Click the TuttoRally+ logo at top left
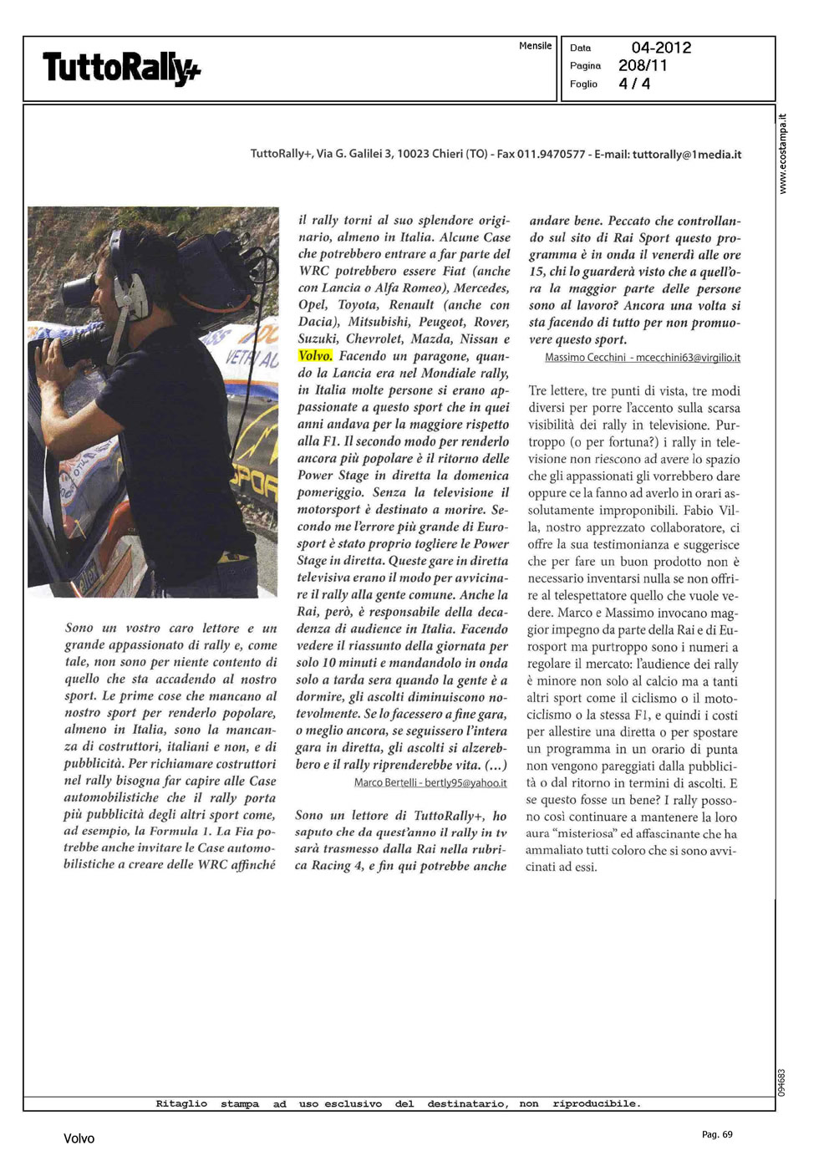click(x=121, y=68)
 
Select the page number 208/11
click(x=643, y=65)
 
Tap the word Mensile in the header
click(x=535, y=46)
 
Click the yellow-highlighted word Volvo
click(x=315, y=356)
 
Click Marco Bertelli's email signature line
click(x=430, y=783)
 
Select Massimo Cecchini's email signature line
click(x=642, y=358)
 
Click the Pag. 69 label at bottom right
click(x=717, y=1134)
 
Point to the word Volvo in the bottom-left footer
click(x=79, y=1138)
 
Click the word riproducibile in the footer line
click(x=597, y=1104)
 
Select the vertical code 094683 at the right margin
click(x=782, y=1082)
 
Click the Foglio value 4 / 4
click(x=634, y=84)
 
